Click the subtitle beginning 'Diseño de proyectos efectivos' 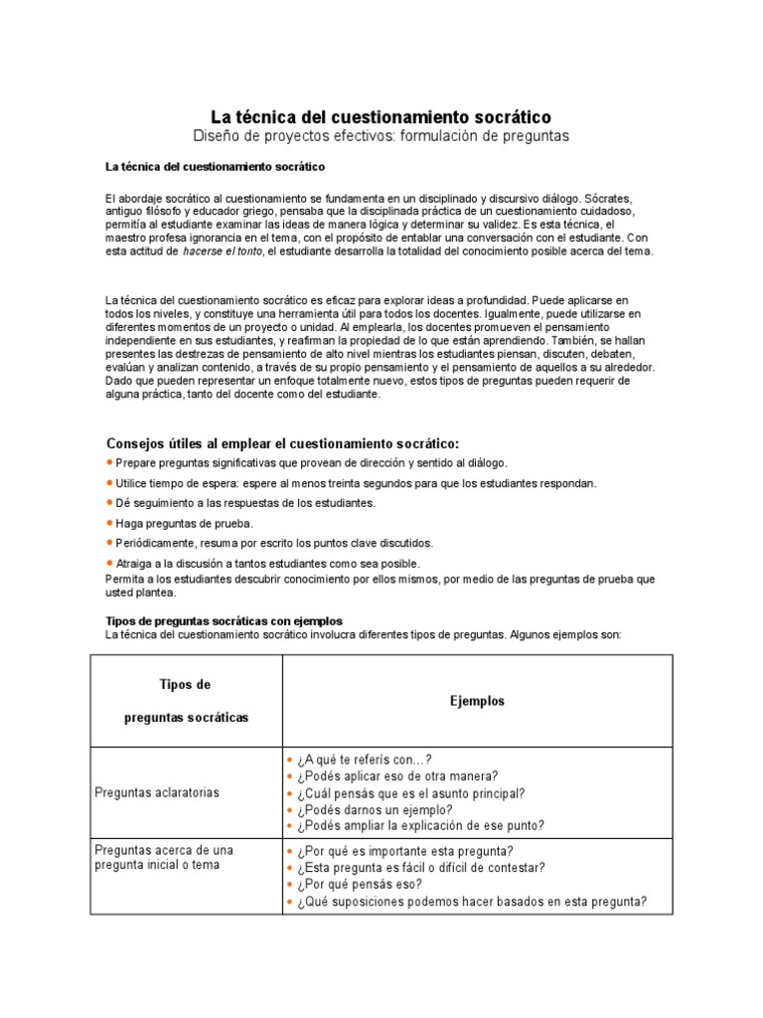tap(381, 135)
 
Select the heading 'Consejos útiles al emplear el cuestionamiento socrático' tap(282, 442)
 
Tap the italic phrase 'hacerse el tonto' tap(223, 252)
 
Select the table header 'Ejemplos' tap(477, 701)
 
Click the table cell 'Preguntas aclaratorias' tap(157, 792)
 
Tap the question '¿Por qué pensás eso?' tap(359, 884)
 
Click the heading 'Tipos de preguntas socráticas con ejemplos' tap(224, 621)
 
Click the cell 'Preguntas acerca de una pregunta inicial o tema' tap(164, 857)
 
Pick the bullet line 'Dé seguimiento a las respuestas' tap(244, 503)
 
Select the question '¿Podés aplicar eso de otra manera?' tap(396, 775)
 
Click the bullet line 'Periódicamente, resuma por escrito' tap(274, 543)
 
